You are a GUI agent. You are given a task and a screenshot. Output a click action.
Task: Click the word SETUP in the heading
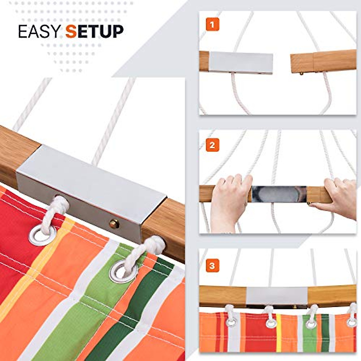click(x=94, y=31)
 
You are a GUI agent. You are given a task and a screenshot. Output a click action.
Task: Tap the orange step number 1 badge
click(x=212, y=24)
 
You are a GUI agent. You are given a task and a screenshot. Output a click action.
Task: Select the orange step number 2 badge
click(x=212, y=145)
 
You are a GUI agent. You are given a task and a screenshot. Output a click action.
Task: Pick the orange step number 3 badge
click(x=212, y=266)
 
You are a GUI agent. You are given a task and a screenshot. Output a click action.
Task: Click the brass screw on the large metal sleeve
click(x=114, y=224)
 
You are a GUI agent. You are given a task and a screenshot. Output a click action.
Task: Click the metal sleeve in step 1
click(x=241, y=62)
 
